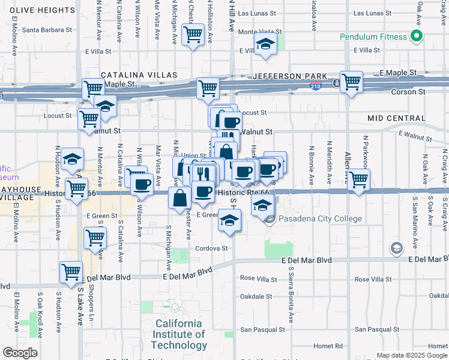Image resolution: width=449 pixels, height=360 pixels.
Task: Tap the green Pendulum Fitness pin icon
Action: click(x=416, y=36)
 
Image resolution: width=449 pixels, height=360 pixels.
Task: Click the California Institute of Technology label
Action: click(x=178, y=334)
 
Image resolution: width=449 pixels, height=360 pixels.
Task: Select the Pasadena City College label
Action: click(x=319, y=219)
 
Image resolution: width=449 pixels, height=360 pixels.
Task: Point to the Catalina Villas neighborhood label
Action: click(x=139, y=75)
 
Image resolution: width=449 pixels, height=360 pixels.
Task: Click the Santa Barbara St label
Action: click(x=47, y=29)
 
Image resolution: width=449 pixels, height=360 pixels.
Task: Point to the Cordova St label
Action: click(x=211, y=248)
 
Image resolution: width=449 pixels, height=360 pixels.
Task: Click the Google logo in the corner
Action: click(x=20, y=353)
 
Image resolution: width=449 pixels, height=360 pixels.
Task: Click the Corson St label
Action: click(x=409, y=92)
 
